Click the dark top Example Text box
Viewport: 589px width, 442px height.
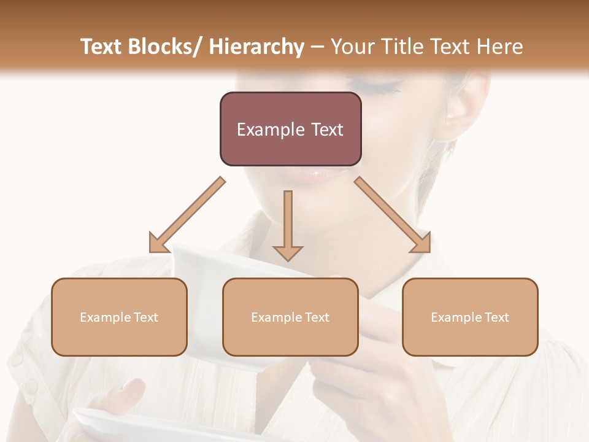coord(290,129)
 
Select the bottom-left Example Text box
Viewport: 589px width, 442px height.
coord(119,317)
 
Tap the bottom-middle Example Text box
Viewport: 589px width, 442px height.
coord(290,317)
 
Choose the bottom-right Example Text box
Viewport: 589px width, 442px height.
coord(470,317)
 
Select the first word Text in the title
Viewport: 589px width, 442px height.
coord(101,47)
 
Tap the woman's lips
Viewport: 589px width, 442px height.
coord(319,176)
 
